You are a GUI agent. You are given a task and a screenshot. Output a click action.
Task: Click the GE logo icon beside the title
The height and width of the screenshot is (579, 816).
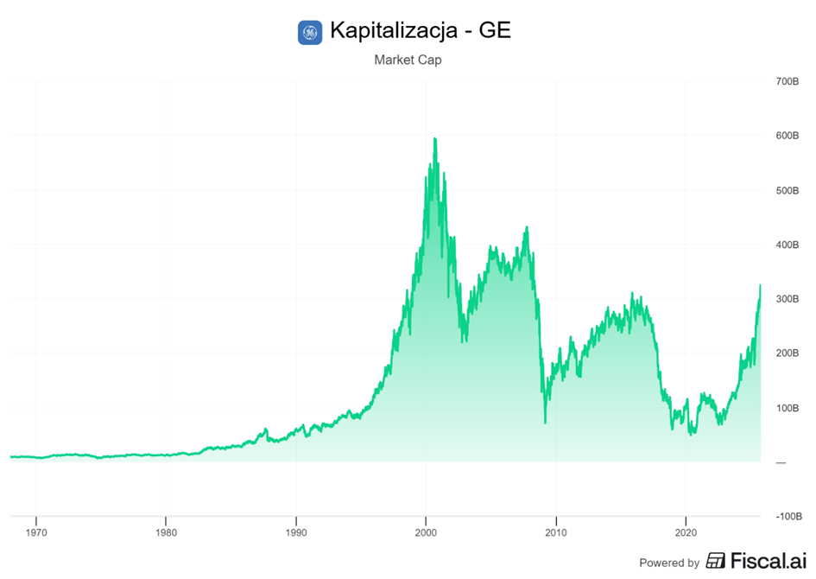309,33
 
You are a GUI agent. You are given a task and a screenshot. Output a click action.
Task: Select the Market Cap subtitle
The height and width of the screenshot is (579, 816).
408,60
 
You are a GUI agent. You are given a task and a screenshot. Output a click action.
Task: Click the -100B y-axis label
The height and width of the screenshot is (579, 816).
788,516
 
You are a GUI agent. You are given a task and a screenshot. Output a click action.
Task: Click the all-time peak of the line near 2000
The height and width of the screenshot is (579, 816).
434,138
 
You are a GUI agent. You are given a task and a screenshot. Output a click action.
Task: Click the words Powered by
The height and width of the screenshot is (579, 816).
669,563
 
